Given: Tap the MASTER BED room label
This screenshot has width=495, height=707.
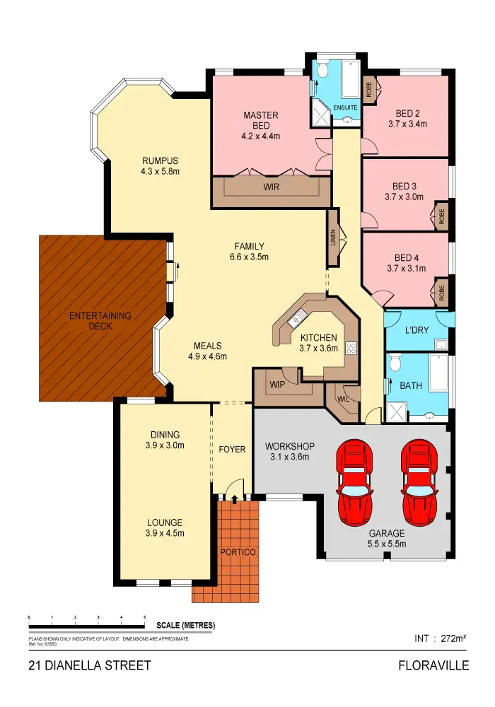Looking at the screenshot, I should pos(261,120).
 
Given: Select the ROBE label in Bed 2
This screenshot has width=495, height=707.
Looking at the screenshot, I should pos(369,88).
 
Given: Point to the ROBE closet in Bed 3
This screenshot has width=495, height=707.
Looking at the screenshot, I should pos(440,216).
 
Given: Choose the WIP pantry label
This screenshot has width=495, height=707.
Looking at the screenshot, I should pos(276,385).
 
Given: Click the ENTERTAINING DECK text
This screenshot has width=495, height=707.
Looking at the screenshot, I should pos(100,321).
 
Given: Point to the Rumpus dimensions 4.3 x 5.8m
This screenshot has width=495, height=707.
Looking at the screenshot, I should pos(160,171).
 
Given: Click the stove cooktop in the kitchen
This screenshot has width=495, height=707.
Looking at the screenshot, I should pos(350,347).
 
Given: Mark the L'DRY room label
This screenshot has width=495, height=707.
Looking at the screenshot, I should pos(417,330).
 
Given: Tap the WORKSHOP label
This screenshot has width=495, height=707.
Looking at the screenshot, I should pos(289,446).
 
